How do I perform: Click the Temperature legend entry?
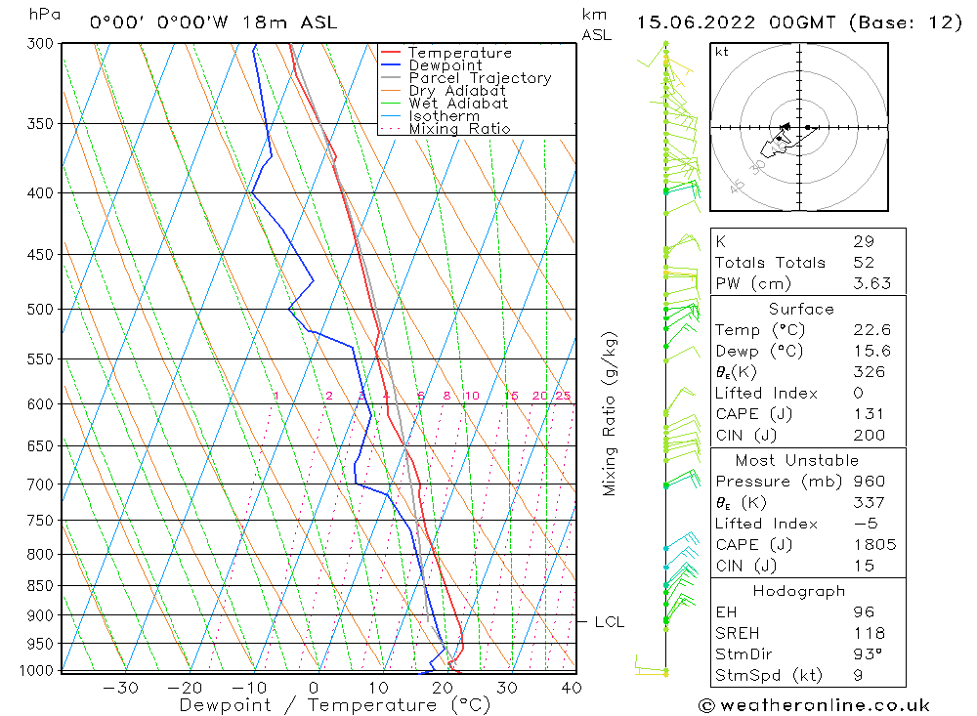point(458,53)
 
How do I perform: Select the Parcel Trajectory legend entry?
point(479,78)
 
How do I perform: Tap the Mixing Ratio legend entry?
point(458,129)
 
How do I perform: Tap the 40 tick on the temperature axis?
point(572,688)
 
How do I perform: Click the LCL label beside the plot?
point(609,622)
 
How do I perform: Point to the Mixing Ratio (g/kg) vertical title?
point(611,413)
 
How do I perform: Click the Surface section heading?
point(801,310)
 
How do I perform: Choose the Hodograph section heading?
point(799,592)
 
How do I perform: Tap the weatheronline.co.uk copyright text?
point(814,705)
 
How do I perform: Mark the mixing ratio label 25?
point(563,397)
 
